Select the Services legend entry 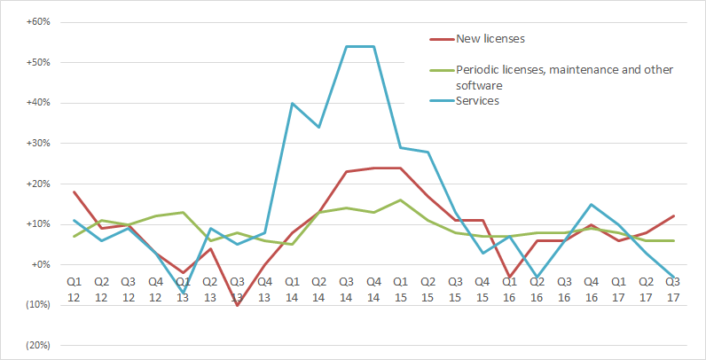(x=477, y=101)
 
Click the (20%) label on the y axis (x=35, y=345)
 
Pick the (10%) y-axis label (x=35, y=305)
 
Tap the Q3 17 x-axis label (x=674, y=287)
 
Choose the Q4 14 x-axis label (x=373, y=287)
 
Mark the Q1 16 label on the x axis (x=510, y=287)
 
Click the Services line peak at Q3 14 (x=346, y=46)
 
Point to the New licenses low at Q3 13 (x=237, y=305)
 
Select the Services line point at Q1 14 (x=292, y=103)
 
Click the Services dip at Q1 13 (x=183, y=293)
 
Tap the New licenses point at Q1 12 (x=74, y=192)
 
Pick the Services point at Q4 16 (x=592, y=204)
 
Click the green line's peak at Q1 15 (x=401, y=200)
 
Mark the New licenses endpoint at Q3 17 (x=674, y=215)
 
